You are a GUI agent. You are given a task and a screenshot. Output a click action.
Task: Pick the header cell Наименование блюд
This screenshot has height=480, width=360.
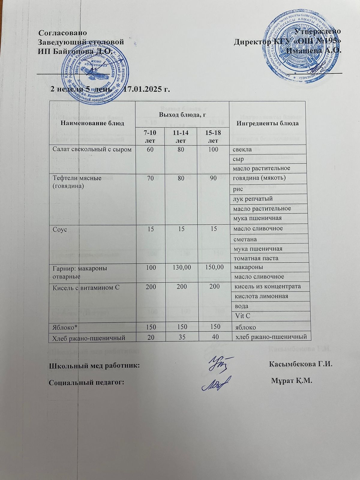90,123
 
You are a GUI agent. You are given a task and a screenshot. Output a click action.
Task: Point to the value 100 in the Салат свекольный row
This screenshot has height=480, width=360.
213,149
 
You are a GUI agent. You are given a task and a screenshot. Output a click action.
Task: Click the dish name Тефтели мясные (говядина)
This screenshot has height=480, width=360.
77,182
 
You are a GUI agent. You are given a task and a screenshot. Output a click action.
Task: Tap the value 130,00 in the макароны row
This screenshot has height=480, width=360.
181,267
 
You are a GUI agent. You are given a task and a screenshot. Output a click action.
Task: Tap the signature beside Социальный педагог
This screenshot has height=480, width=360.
215,383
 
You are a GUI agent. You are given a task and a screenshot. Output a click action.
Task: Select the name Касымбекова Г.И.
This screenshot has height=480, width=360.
301,364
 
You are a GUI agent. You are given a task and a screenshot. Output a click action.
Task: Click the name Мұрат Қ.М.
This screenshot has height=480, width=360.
292,381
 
